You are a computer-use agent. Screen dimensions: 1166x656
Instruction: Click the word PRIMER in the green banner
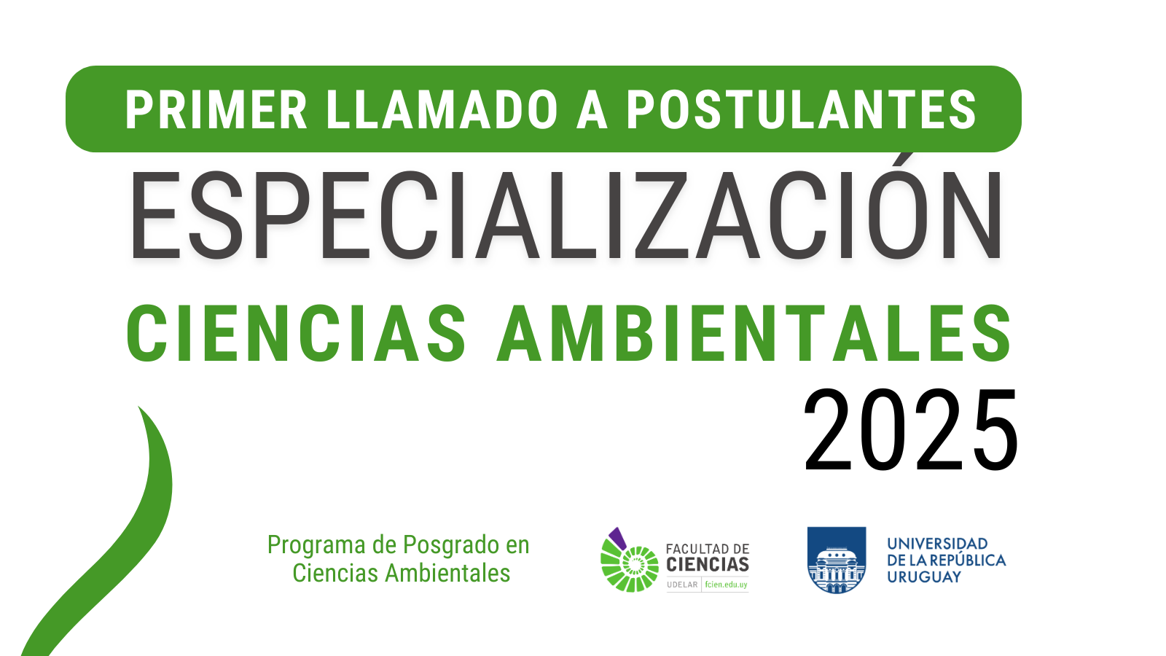click(216, 110)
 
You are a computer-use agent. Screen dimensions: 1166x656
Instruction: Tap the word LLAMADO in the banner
click(442, 110)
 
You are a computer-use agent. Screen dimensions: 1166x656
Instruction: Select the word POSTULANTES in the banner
click(802, 110)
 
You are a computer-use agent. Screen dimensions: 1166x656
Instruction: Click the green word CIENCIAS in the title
click(296, 333)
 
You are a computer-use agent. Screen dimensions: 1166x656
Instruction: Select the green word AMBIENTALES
click(754, 333)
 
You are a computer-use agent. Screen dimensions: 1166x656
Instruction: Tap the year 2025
click(910, 430)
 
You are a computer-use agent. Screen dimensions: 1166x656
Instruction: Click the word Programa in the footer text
click(316, 546)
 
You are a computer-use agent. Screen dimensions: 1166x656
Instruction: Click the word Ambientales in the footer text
click(447, 573)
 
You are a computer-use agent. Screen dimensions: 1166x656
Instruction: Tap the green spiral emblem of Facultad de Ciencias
click(630, 568)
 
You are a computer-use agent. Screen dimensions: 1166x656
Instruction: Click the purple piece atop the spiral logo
click(618, 538)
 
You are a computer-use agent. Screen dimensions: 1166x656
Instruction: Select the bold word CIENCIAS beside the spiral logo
click(708, 564)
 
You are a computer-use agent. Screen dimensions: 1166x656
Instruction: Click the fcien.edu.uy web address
click(726, 585)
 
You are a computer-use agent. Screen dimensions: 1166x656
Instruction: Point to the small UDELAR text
click(682, 585)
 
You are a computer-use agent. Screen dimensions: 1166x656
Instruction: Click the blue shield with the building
click(837, 560)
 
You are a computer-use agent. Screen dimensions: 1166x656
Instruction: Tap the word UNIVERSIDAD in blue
click(937, 544)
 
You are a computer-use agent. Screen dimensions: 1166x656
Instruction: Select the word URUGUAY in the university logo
click(924, 577)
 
